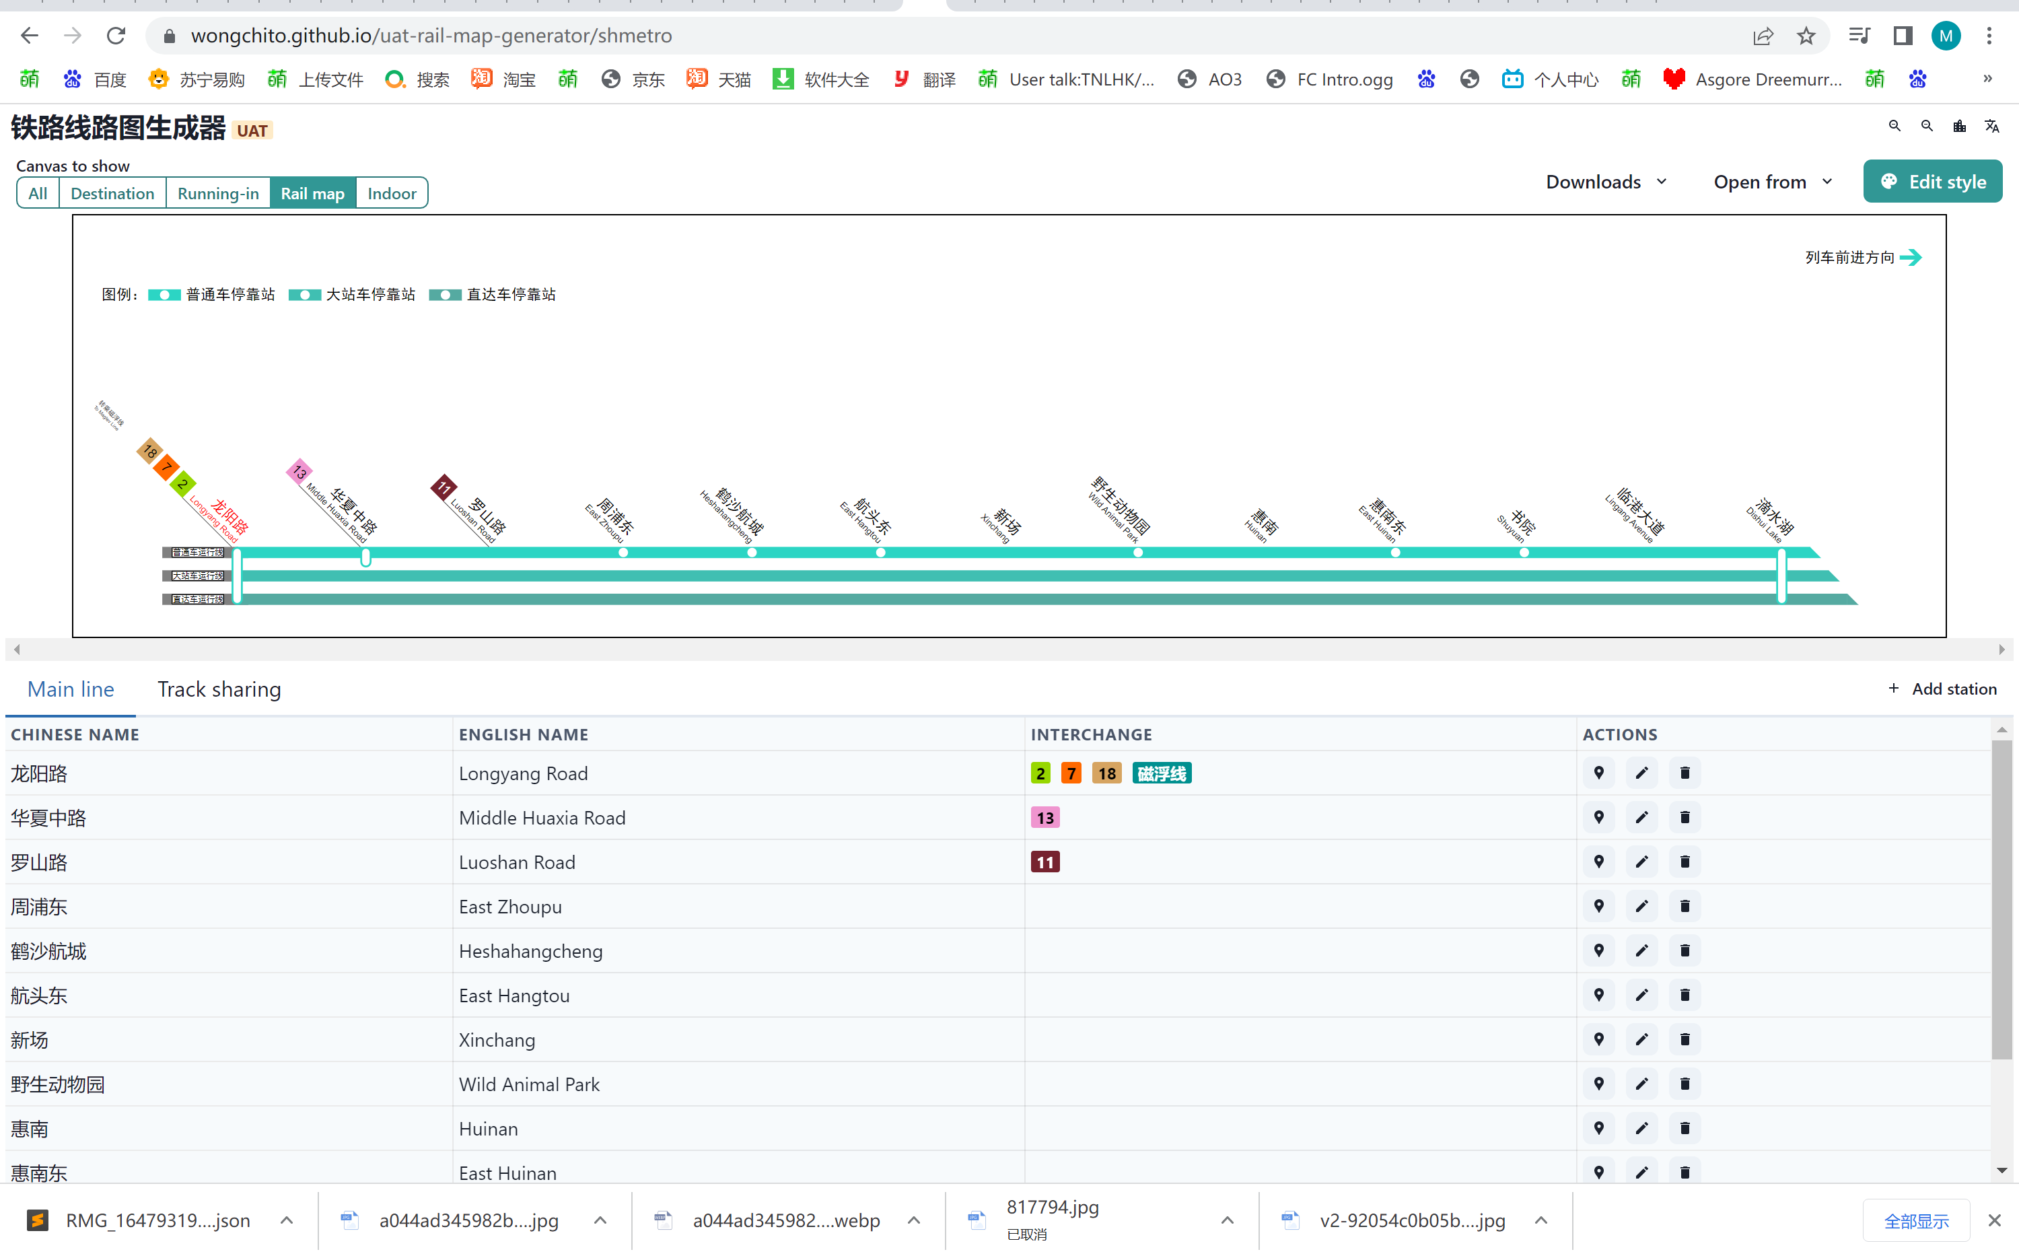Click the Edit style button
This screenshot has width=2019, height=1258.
click(1932, 181)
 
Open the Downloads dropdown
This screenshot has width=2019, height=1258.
click(1606, 181)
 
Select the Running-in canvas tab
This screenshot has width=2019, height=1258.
click(218, 193)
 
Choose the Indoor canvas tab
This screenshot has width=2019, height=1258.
click(391, 193)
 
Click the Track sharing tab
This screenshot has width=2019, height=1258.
click(219, 689)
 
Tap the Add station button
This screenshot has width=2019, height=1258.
click(1942, 689)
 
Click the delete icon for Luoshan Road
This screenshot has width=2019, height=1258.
click(1685, 862)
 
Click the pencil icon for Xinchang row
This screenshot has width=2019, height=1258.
click(1641, 1039)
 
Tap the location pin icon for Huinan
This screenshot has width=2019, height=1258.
click(1598, 1128)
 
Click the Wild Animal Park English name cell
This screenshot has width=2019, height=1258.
click(529, 1084)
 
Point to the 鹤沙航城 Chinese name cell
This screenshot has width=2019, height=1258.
click(48, 951)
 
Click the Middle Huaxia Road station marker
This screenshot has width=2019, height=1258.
click(365, 557)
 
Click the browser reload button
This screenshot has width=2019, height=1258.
click(116, 36)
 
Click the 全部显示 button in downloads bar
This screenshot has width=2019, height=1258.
click(1916, 1220)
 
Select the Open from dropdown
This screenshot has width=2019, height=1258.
click(1772, 181)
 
